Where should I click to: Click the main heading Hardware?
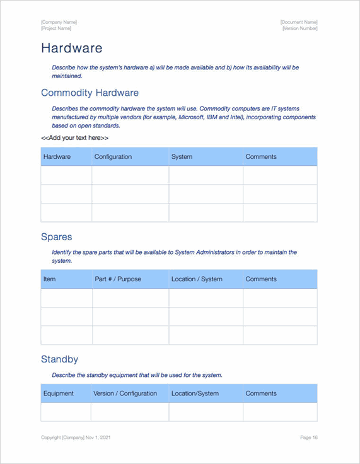(71, 49)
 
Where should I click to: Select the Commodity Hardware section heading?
(90, 93)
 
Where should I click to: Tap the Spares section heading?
(56, 237)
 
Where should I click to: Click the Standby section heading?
(59, 359)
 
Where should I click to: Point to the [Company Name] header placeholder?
(59, 22)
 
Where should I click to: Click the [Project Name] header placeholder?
(56, 28)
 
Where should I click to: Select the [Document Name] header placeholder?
(299, 22)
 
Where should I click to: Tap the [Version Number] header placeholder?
(299, 28)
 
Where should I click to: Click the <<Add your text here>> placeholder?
(74, 137)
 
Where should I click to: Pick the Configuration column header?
(113, 157)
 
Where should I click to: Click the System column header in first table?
(182, 157)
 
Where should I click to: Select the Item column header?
(49, 279)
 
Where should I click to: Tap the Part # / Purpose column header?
(118, 279)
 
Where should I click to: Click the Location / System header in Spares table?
(196, 279)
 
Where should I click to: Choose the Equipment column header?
(58, 393)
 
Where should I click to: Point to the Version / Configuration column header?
(125, 393)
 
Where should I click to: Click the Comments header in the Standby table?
(261, 393)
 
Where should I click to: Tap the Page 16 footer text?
(308, 438)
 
